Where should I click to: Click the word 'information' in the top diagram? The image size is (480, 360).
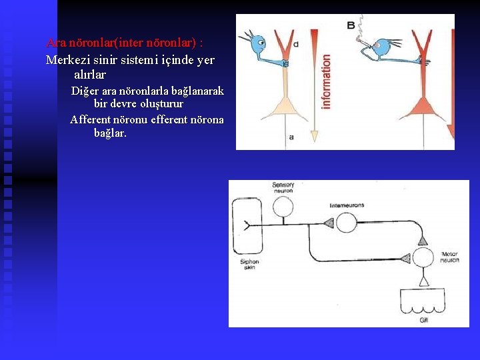(x=325, y=82)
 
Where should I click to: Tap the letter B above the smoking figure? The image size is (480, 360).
(x=351, y=25)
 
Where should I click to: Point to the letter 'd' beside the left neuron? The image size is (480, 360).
(x=296, y=43)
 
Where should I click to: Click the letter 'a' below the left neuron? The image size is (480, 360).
(x=291, y=137)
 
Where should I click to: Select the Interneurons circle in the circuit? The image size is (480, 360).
(x=346, y=222)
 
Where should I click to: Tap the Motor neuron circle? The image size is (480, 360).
(x=423, y=259)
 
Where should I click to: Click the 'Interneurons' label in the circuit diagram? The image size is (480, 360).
(x=347, y=205)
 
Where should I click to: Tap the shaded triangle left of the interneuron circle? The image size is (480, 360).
(x=328, y=223)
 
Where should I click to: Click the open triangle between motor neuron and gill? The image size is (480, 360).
(x=423, y=282)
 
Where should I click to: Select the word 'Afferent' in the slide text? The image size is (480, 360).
(x=94, y=120)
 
